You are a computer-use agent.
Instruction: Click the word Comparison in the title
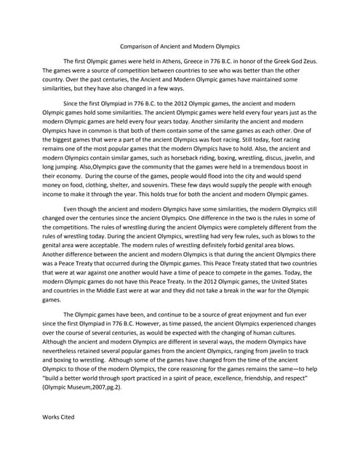pyautogui.click(x=139, y=43)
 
